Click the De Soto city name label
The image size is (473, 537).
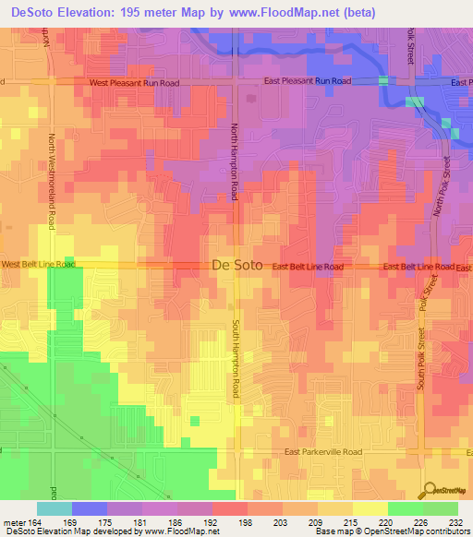pyautogui.click(x=237, y=265)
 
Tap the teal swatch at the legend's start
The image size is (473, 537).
pyautogui.click(x=55, y=508)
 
